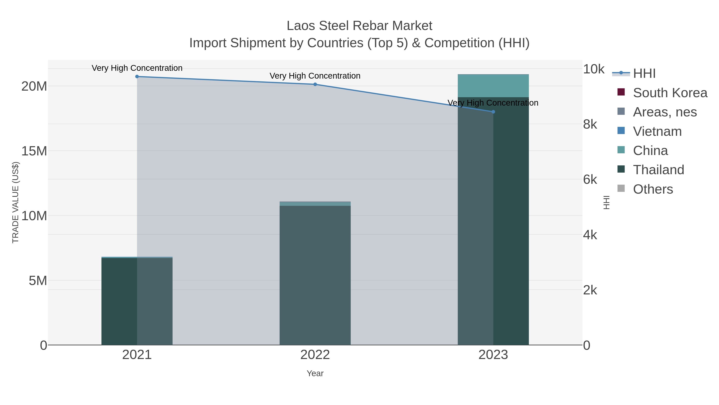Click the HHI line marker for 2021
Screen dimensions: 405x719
point(137,77)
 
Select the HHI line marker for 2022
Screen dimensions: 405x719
point(315,84)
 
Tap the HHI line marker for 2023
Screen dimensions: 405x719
point(493,112)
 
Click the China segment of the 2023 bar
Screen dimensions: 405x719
point(493,86)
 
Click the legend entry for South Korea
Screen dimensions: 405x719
point(670,93)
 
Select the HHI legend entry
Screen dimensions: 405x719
point(644,74)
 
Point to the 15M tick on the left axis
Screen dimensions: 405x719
point(34,151)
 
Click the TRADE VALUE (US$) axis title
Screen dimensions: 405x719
point(15,202)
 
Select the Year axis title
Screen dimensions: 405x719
point(315,373)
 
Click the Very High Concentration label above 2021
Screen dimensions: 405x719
point(137,68)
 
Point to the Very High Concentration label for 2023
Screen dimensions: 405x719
point(493,103)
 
